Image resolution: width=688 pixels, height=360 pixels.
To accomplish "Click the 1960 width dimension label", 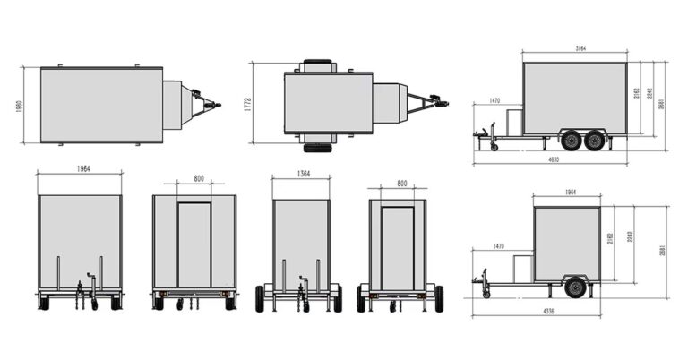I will tap(20, 105).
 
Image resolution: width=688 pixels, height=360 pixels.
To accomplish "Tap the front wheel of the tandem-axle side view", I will tap(571, 140).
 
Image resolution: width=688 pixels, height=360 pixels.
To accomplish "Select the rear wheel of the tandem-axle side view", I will tap(594, 140).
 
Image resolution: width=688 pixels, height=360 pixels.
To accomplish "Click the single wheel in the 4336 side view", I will tap(575, 287).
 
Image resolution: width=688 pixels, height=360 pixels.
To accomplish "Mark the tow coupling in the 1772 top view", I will tap(440, 104).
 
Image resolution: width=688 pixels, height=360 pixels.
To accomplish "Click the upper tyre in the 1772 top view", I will tap(318, 64).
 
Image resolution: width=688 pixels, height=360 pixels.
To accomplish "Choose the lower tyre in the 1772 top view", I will tap(318, 147).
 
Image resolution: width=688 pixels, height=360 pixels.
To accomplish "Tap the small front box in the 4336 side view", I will tap(522, 268).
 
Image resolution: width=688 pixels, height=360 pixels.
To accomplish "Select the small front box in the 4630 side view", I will tap(513, 121).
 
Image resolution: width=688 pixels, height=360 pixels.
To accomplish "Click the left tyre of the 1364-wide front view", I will tap(260, 298).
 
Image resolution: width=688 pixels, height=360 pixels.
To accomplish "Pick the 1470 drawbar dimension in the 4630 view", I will tap(494, 101).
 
